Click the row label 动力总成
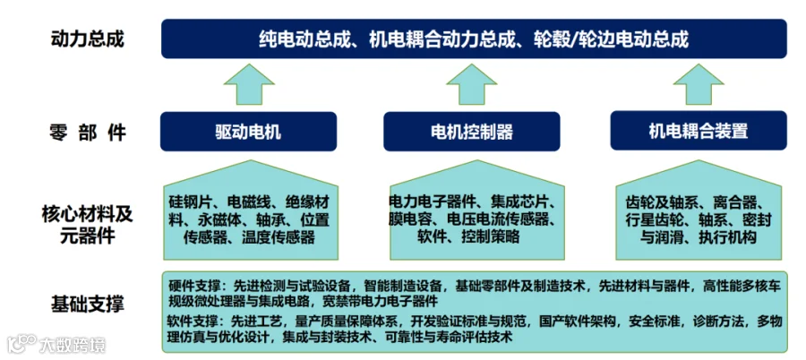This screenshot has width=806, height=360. point(88,39)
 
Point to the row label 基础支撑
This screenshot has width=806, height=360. point(88,304)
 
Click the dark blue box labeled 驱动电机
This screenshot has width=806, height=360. point(248,132)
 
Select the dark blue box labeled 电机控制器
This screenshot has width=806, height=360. point(472,132)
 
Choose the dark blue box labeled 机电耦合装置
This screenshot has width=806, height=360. point(698,132)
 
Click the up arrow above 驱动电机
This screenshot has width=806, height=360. point(249,84)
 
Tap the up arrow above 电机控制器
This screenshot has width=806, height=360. point(472,84)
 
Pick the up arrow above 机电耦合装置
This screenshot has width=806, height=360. point(698,84)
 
